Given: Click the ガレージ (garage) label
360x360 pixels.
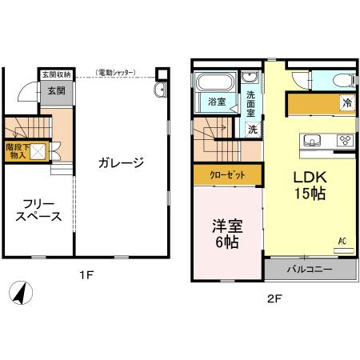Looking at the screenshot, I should tap(122, 163).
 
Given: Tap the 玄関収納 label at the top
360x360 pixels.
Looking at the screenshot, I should tap(56, 74).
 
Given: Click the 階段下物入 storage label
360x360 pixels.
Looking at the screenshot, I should tap(17, 151).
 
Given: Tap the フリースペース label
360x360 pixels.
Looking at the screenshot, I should tap(38, 209).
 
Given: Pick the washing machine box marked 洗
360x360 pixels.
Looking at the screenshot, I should tap(251, 128).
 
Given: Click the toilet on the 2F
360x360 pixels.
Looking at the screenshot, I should tap(336, 79).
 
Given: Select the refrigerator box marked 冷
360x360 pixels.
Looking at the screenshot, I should tap(346, 102).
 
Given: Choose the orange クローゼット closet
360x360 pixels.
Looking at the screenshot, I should tap(226, 173).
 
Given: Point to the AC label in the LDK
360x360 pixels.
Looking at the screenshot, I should tap(342, 241).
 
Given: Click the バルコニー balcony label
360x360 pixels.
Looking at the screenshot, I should tap(310, 270).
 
